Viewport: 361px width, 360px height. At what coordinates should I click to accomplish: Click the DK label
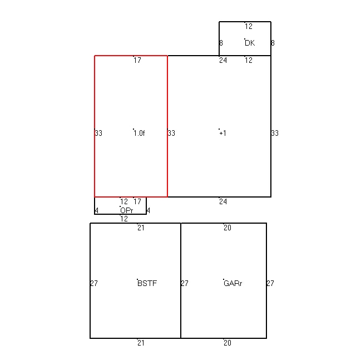[x=250, y=43]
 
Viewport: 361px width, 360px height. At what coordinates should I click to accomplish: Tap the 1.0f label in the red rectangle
[x=139, y=133]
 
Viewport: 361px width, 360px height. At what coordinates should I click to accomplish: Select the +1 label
[x=223, y=133]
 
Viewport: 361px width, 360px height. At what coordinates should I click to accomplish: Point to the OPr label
[x=127, y=210]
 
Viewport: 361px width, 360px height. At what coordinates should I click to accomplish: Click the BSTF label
[x=147, y=283]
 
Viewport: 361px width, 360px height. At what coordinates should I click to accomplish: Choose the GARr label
[x=233, y=283]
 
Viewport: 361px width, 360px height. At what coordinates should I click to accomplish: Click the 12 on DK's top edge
[x=249, y=27]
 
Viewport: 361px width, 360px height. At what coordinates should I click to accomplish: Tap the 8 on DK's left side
[x=221, y=43]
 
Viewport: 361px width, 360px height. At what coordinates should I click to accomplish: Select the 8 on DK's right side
[x=273, y=43]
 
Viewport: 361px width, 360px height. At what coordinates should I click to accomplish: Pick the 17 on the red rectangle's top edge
[x=137, y=60]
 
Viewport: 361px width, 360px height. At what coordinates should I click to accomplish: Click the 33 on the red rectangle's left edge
[x=98, y=133]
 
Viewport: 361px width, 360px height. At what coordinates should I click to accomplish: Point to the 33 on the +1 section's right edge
[x=275, y=133]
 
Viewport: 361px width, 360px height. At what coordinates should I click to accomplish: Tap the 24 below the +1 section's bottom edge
[x=223, y=202]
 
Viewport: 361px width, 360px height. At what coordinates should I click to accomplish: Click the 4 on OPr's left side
[x=96, y=210]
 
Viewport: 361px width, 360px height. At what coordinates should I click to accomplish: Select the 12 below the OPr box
[x=124, y=219]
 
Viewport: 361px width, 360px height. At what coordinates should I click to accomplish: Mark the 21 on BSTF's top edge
[x=141, y=228]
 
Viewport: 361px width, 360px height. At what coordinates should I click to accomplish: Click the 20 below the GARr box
[x=228, y=343]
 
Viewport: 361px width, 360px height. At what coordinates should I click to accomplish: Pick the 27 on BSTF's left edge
[x=94, y=283]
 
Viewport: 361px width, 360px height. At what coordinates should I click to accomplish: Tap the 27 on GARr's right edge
[x=270, y=283]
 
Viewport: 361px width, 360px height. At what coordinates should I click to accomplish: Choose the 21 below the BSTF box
[x=141, y=343]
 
